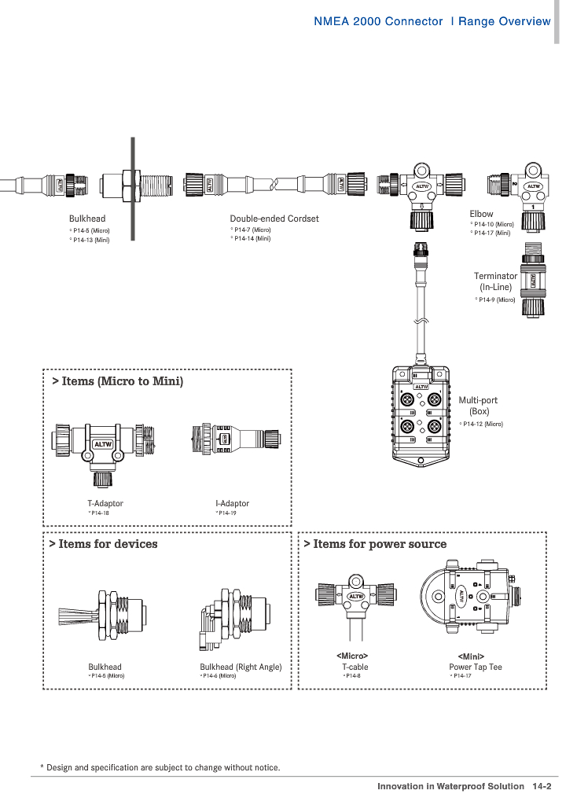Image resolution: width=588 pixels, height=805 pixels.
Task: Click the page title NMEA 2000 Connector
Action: coord(378,21)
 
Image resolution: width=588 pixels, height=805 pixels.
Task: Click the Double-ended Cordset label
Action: coord(274,219)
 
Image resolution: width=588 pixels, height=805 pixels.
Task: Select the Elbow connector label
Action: coord(481,214)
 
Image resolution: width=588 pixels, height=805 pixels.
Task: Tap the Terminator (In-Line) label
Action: coord(495,281)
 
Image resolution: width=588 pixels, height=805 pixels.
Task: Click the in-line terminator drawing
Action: coord(533,279)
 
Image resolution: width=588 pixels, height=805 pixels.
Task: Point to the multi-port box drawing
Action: coord(421,416)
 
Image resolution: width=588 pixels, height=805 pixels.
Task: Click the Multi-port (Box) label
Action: coord(478,406)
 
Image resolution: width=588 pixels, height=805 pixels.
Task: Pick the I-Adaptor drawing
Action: coord(236,439)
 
